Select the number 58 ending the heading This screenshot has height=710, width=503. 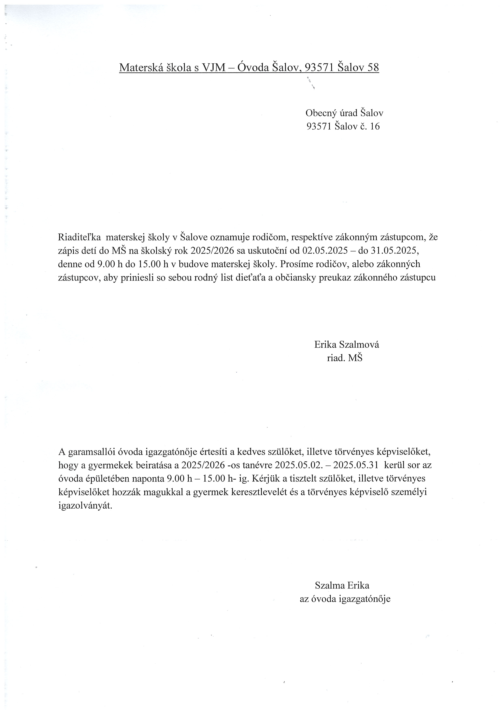(x=373, y=67)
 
